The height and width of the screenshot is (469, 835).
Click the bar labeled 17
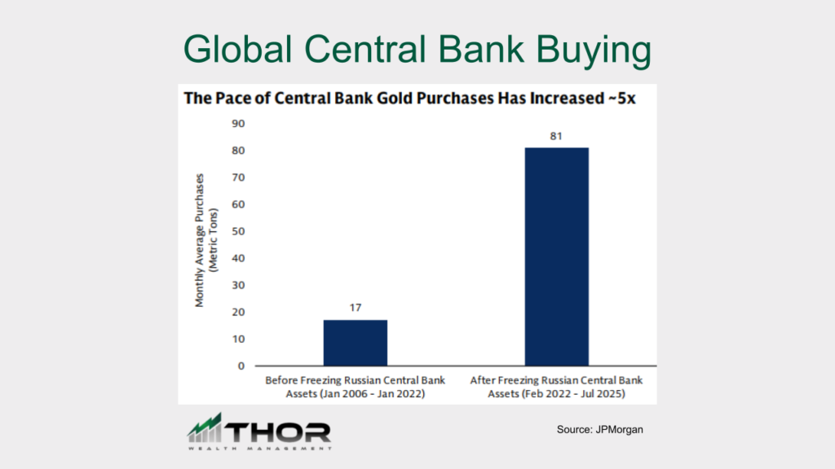coord(356,343)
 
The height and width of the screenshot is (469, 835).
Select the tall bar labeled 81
coord(556,256)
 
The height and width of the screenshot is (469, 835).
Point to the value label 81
coord(556,136)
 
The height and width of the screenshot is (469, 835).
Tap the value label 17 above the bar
coord(356,307)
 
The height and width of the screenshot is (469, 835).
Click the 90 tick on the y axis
coord(238,124)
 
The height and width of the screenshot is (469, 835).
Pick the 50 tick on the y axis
coord(238,231)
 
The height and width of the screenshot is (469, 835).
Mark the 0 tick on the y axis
coord(241,366)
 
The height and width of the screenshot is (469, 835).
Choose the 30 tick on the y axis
coord(238,285)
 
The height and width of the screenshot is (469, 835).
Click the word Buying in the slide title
coord(594,50)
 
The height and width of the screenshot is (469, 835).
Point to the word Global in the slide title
coord(237,49)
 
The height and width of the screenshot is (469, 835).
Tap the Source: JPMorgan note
coord(599,430)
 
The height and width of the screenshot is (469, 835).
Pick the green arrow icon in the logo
coord(205,427)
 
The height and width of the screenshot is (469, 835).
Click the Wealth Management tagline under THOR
coord(259,449)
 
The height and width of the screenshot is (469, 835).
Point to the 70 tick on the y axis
coord(238,177)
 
